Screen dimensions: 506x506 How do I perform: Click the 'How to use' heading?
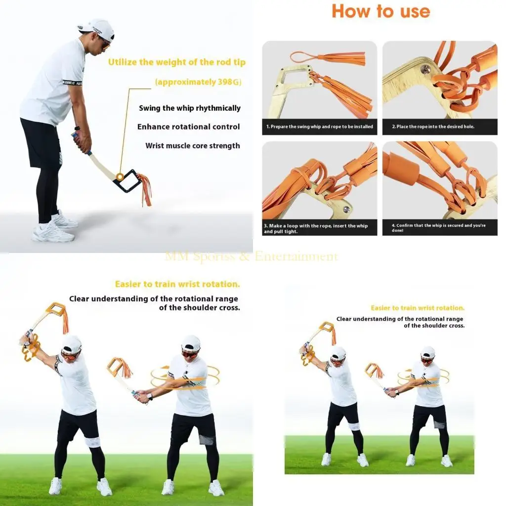(x=380, y=11)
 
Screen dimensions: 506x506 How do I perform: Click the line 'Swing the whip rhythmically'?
(x=190, y=108)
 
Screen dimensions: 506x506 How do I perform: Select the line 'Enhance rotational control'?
(x=188, y=127)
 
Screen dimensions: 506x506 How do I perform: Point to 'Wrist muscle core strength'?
(x=192, y=146)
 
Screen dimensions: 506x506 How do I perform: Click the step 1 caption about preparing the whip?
(x=320, y=126)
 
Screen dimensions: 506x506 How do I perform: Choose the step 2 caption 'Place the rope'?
(x=433, y=126)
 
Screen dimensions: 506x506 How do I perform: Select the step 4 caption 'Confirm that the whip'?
(x=438, y=228)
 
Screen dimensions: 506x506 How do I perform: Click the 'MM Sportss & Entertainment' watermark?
(x=252, y=256)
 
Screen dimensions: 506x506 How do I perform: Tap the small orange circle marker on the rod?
(x=120, y=176)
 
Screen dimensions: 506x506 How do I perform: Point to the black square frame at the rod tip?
(x=127, y=181)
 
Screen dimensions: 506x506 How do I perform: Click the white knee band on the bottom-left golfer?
(x=92, y=442)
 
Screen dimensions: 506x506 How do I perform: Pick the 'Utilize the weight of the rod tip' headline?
(x=177, y=62)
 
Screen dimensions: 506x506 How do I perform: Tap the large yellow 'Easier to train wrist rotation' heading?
(x=177, y=284)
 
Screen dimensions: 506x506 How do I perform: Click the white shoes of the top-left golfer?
(x=54, y=231)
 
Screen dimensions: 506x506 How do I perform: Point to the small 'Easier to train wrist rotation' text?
(x=418, y=308)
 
